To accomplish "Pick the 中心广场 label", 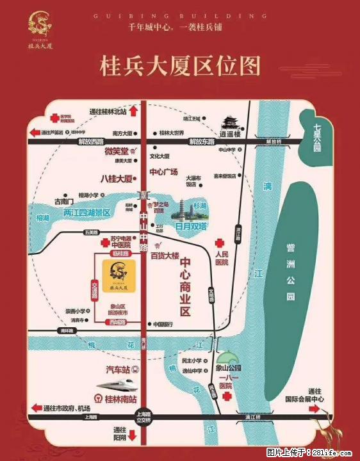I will click(x=163, y=172).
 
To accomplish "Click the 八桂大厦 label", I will click(x=117, y=178).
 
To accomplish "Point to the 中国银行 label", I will click(x=166, y=324).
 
